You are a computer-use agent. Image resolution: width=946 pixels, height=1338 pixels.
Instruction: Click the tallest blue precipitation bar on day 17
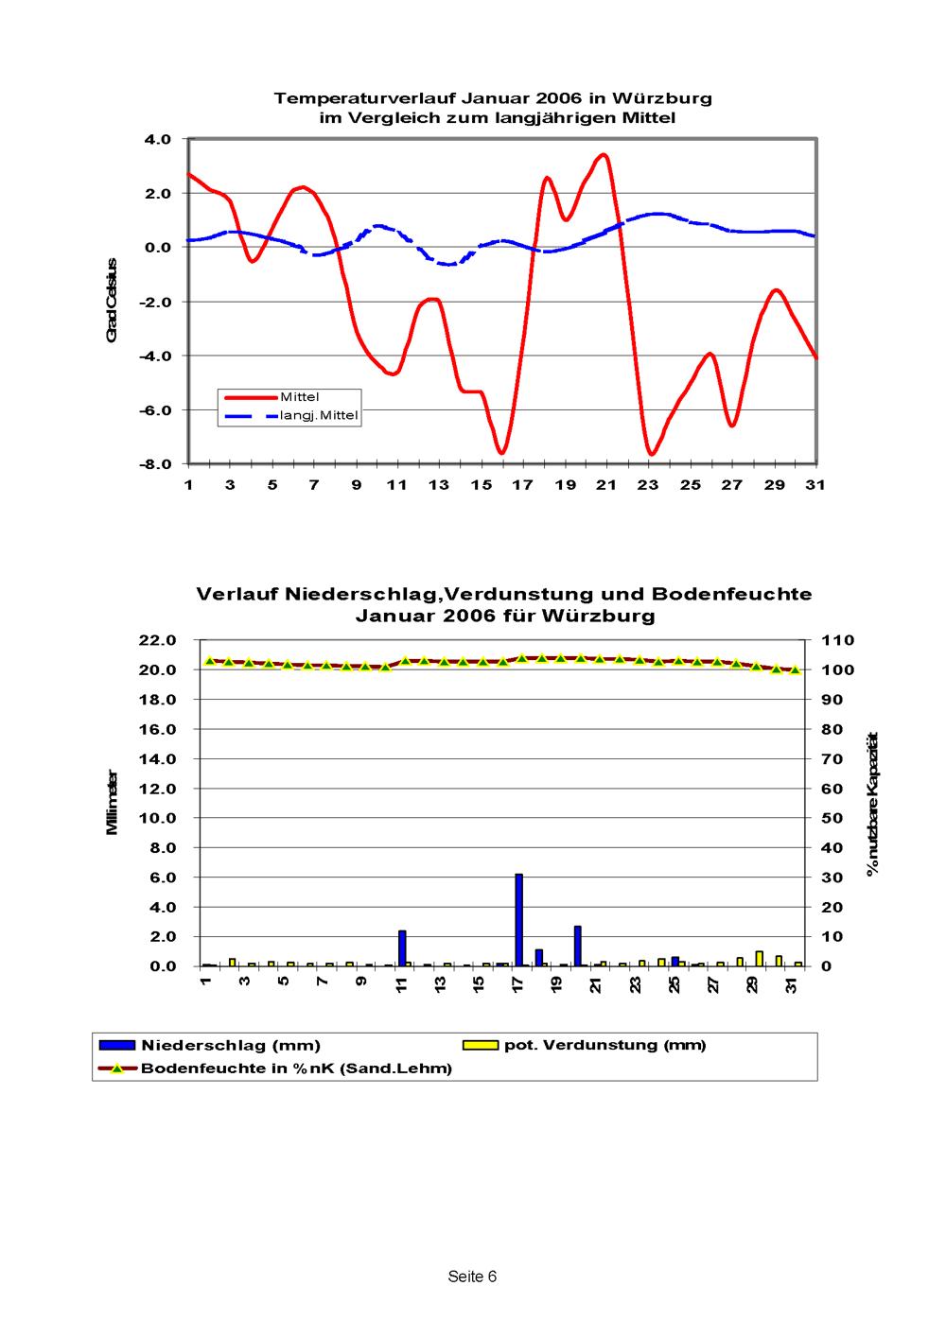pyautogui.click(x=518, y=919)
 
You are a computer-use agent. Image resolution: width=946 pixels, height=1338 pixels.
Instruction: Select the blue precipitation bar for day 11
pyautogui.click(x=402, y=948)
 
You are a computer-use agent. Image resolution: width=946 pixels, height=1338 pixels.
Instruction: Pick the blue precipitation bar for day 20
pyautogui.click(x=578, y=946)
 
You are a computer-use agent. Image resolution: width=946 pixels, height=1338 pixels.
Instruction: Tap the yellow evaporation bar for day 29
pyautogui.click(x=760, y=958)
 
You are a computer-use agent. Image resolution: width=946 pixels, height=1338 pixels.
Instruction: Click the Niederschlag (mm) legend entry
pyautogui.click(x=210, y=1045)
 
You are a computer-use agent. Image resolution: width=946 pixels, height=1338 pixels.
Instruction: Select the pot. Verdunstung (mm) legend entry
pyautogui.click(x=585, y=1045)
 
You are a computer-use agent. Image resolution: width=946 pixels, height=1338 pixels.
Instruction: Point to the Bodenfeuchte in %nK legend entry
pyautogui.click(x=275, y=1068)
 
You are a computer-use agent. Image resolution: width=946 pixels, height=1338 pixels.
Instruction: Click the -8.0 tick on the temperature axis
pyautogui.click(x=155, y=464)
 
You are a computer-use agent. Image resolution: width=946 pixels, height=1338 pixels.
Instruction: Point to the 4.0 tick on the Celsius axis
pyautogui.click(x=157, y=139)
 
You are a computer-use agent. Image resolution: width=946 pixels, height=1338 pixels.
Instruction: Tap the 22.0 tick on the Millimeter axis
pyautogui.click(x=158, y=640)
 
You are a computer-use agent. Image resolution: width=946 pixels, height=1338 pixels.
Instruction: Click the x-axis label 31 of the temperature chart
pyautogui.click(x=815, y=485)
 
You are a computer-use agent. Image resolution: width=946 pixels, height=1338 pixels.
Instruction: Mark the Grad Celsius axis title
pyautogui.click(x=112, y=301)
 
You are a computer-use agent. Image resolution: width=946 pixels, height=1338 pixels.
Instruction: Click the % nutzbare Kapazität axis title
pyautogui.click(x=873, y=804)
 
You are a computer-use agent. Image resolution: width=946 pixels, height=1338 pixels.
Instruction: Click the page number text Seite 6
pyautogui.click(x=472, y=1277)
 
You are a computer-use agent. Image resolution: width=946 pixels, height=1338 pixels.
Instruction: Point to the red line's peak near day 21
pyautogui.click(x=604, y=155)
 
